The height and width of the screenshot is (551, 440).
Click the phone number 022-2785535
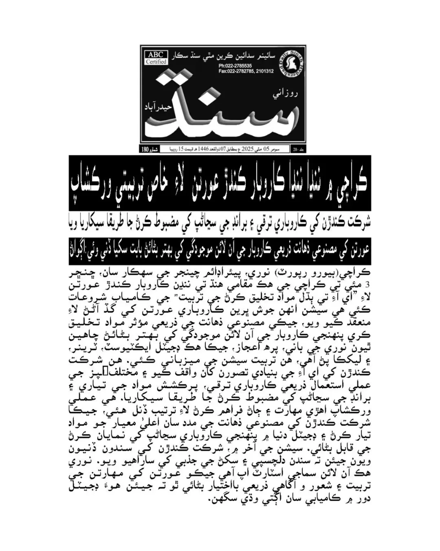(x=235, y=66)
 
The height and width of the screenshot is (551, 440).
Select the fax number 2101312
(x=263, y=71)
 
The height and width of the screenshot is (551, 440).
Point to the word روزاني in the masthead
(x=285, y=94)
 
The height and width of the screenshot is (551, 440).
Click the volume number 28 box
(x=297, y=150)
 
